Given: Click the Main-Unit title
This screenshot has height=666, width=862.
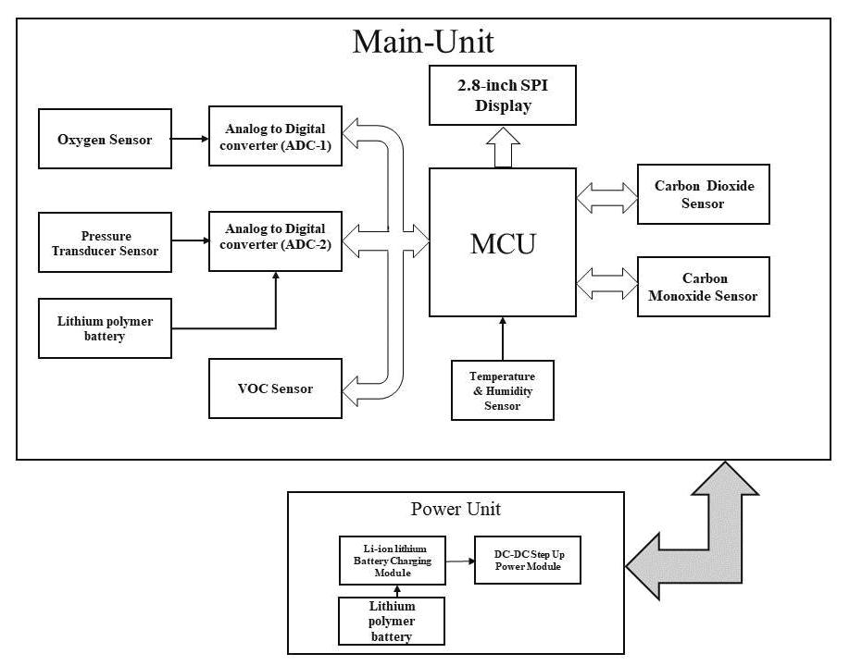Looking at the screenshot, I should pos(422,42).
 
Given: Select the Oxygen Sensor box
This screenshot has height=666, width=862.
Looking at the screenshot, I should pos(105,139).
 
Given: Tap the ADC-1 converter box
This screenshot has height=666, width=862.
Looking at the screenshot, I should pos(275,137).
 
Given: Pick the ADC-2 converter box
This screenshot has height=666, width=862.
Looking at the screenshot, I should pos(275,241).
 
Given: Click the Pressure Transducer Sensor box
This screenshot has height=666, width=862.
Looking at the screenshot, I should pos(105,242).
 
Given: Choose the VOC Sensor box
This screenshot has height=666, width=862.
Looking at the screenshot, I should pos(275,388).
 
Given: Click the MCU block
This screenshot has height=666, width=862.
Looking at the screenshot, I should pos(503,242).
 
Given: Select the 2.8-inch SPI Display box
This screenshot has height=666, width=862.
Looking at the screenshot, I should pos(503,95).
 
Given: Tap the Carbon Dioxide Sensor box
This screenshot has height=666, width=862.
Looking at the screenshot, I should pos(704,194).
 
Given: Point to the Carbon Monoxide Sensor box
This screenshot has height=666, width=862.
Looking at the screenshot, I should pos(704,287).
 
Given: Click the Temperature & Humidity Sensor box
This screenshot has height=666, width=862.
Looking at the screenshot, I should pos(503,390).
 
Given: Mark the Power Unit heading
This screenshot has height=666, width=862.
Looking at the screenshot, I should pos(456,510).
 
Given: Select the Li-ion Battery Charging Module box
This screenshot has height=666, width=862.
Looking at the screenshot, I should pos(392,561).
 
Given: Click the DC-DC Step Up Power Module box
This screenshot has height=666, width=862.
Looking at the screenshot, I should pos(528,561).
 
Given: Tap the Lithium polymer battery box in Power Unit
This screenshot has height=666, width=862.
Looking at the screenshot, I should pos(392,621).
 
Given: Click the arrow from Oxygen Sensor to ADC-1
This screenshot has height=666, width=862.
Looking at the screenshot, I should pos(190,139).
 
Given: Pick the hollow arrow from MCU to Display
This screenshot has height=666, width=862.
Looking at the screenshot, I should pos(503,147).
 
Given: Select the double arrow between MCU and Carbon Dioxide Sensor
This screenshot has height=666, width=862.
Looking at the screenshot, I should pos(607,194).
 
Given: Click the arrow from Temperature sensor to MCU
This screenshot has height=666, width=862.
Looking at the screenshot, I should pos(503,339).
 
